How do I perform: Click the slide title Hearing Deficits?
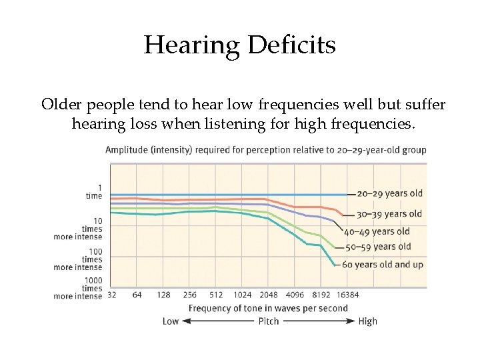[239, 45]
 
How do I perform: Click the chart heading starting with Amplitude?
[265, 150]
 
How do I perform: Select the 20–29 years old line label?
[390, 194]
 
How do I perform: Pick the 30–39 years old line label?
[389, 214]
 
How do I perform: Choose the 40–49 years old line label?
[377, 232]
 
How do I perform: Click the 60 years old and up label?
[383, 265]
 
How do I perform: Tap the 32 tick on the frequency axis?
[111, 295]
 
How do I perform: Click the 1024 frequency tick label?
[242, 295]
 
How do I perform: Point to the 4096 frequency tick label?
[294, 295]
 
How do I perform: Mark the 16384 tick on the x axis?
[347, 295]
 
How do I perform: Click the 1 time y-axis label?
[94, 192]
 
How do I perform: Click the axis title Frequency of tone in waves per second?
[268, 308]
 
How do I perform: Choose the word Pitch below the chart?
[269, 321]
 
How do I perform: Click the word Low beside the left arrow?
[171, 321]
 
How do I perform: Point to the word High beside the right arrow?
[367, 321]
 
